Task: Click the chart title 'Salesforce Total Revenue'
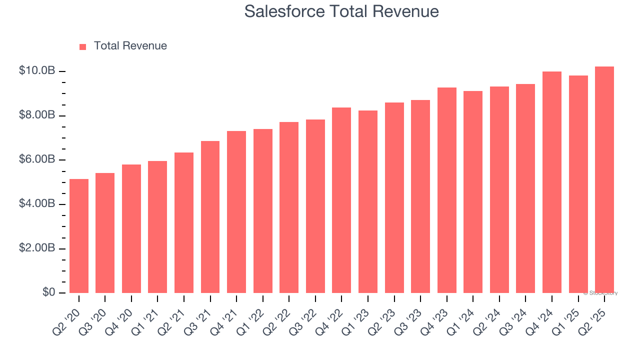(341, 11)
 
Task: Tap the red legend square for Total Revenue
(83, 46)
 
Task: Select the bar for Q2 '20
(79, 236)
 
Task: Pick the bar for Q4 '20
(131, 228)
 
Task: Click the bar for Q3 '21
(210, 217)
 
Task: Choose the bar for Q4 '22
(341, 200)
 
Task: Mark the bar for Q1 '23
(368, 201)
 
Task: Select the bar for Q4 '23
(446, 190)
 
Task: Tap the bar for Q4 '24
(552, 182)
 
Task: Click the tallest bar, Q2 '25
(604, 179)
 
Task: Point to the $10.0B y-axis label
(37, 71)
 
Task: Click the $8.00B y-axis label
(37, 115)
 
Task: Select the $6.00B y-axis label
(37, 159)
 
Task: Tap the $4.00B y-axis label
(37, 204)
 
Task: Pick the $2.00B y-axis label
(37, 248)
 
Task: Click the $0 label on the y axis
(48, 292)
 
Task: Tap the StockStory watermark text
(600, 293)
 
